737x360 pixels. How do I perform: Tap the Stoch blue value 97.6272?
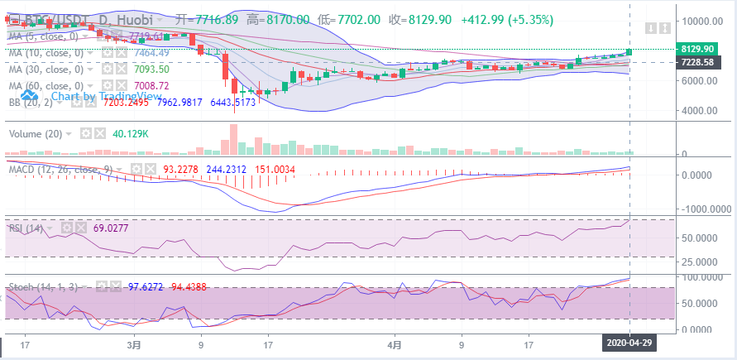pos(146,286)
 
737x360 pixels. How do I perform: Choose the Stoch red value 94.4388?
pos(189,286)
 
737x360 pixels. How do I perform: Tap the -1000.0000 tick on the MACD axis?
pos(704,209)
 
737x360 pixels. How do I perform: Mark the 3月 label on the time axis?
pos(134,343)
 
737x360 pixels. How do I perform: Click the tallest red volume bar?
pos(233,139)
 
